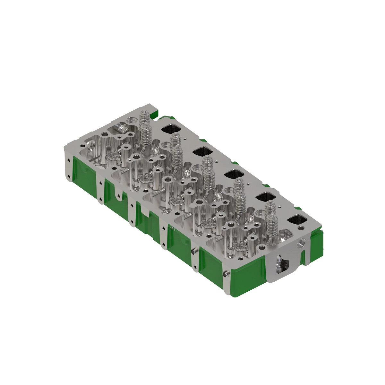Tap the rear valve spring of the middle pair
tap(207, 162)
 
